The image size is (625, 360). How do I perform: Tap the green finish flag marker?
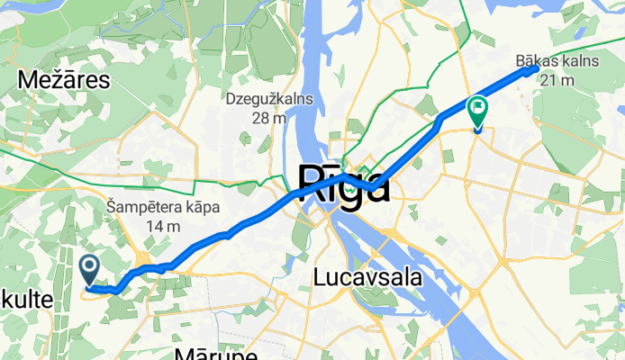coord(476,111)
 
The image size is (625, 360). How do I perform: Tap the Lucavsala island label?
coord(368,278)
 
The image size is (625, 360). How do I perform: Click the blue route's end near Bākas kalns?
coord(536,68)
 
